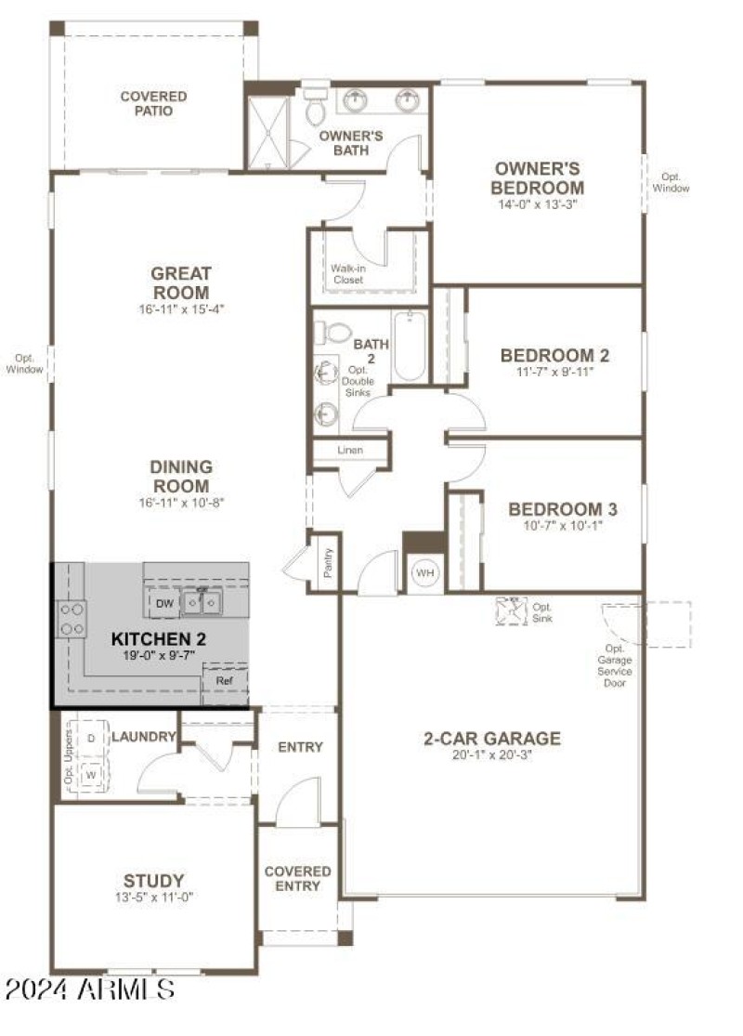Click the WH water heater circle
click(x=424, y=573)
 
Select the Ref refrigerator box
click(x=225, y=680)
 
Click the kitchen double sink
click(x=201, y=604)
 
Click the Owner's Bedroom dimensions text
click(x=538, y=204)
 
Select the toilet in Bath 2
click(x=333, y=332)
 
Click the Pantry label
click(x=328, y=562)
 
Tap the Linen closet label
click(x=350, y=451)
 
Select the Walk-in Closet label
click(x=348, y=273)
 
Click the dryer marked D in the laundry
click(x=91, y=738)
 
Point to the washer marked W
click(x=91, y=773)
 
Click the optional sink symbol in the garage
click(x=510, y=609)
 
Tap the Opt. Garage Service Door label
click(x=615, y=665)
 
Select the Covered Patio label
click(x=153, y=103)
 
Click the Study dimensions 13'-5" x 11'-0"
click(x=153, y=898)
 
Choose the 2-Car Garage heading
click(x=492, y=739)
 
